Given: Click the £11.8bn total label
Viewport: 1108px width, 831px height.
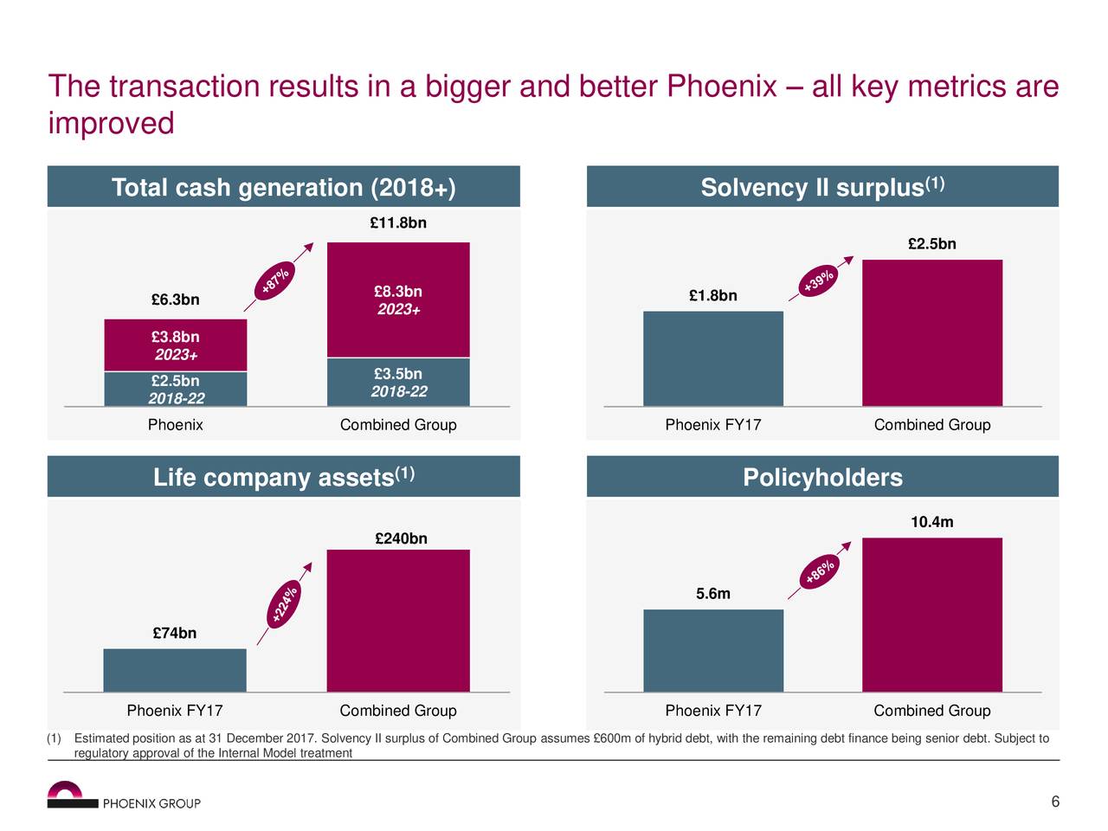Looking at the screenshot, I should [x=397, y=223].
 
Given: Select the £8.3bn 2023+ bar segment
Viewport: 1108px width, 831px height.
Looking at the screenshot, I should [x=398, y=300].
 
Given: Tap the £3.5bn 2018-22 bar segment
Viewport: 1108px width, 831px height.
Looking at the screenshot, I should [x=398, y=382].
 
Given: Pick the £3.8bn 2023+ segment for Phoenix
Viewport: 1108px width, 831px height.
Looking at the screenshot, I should [x=176, y=345].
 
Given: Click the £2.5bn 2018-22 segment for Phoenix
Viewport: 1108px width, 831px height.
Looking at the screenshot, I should [x=176, y=389].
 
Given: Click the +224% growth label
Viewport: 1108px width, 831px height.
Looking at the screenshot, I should [x=284, y=603].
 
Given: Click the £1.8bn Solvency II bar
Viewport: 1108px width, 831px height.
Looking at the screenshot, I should [x=713, y=358].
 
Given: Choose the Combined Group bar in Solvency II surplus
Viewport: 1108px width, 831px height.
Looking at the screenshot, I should [x=932, y=332].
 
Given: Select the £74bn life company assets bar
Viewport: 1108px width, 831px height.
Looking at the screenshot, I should [x=175, y=670].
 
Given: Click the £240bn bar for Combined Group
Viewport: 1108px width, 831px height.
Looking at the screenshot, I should [x=398, y=620].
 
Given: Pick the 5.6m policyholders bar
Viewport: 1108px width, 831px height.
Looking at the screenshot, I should [x=713, y=650].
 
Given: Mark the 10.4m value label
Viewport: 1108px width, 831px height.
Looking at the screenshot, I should [x=932, y=522].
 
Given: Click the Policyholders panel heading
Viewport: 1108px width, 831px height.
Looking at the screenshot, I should [x=822, y=478].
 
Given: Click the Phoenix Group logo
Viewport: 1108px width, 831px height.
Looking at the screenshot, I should [x=124, y=796].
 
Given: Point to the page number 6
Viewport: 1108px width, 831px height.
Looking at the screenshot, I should [x=1055, y=802].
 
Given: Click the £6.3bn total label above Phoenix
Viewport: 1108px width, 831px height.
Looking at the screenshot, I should [x=175, y=300].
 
